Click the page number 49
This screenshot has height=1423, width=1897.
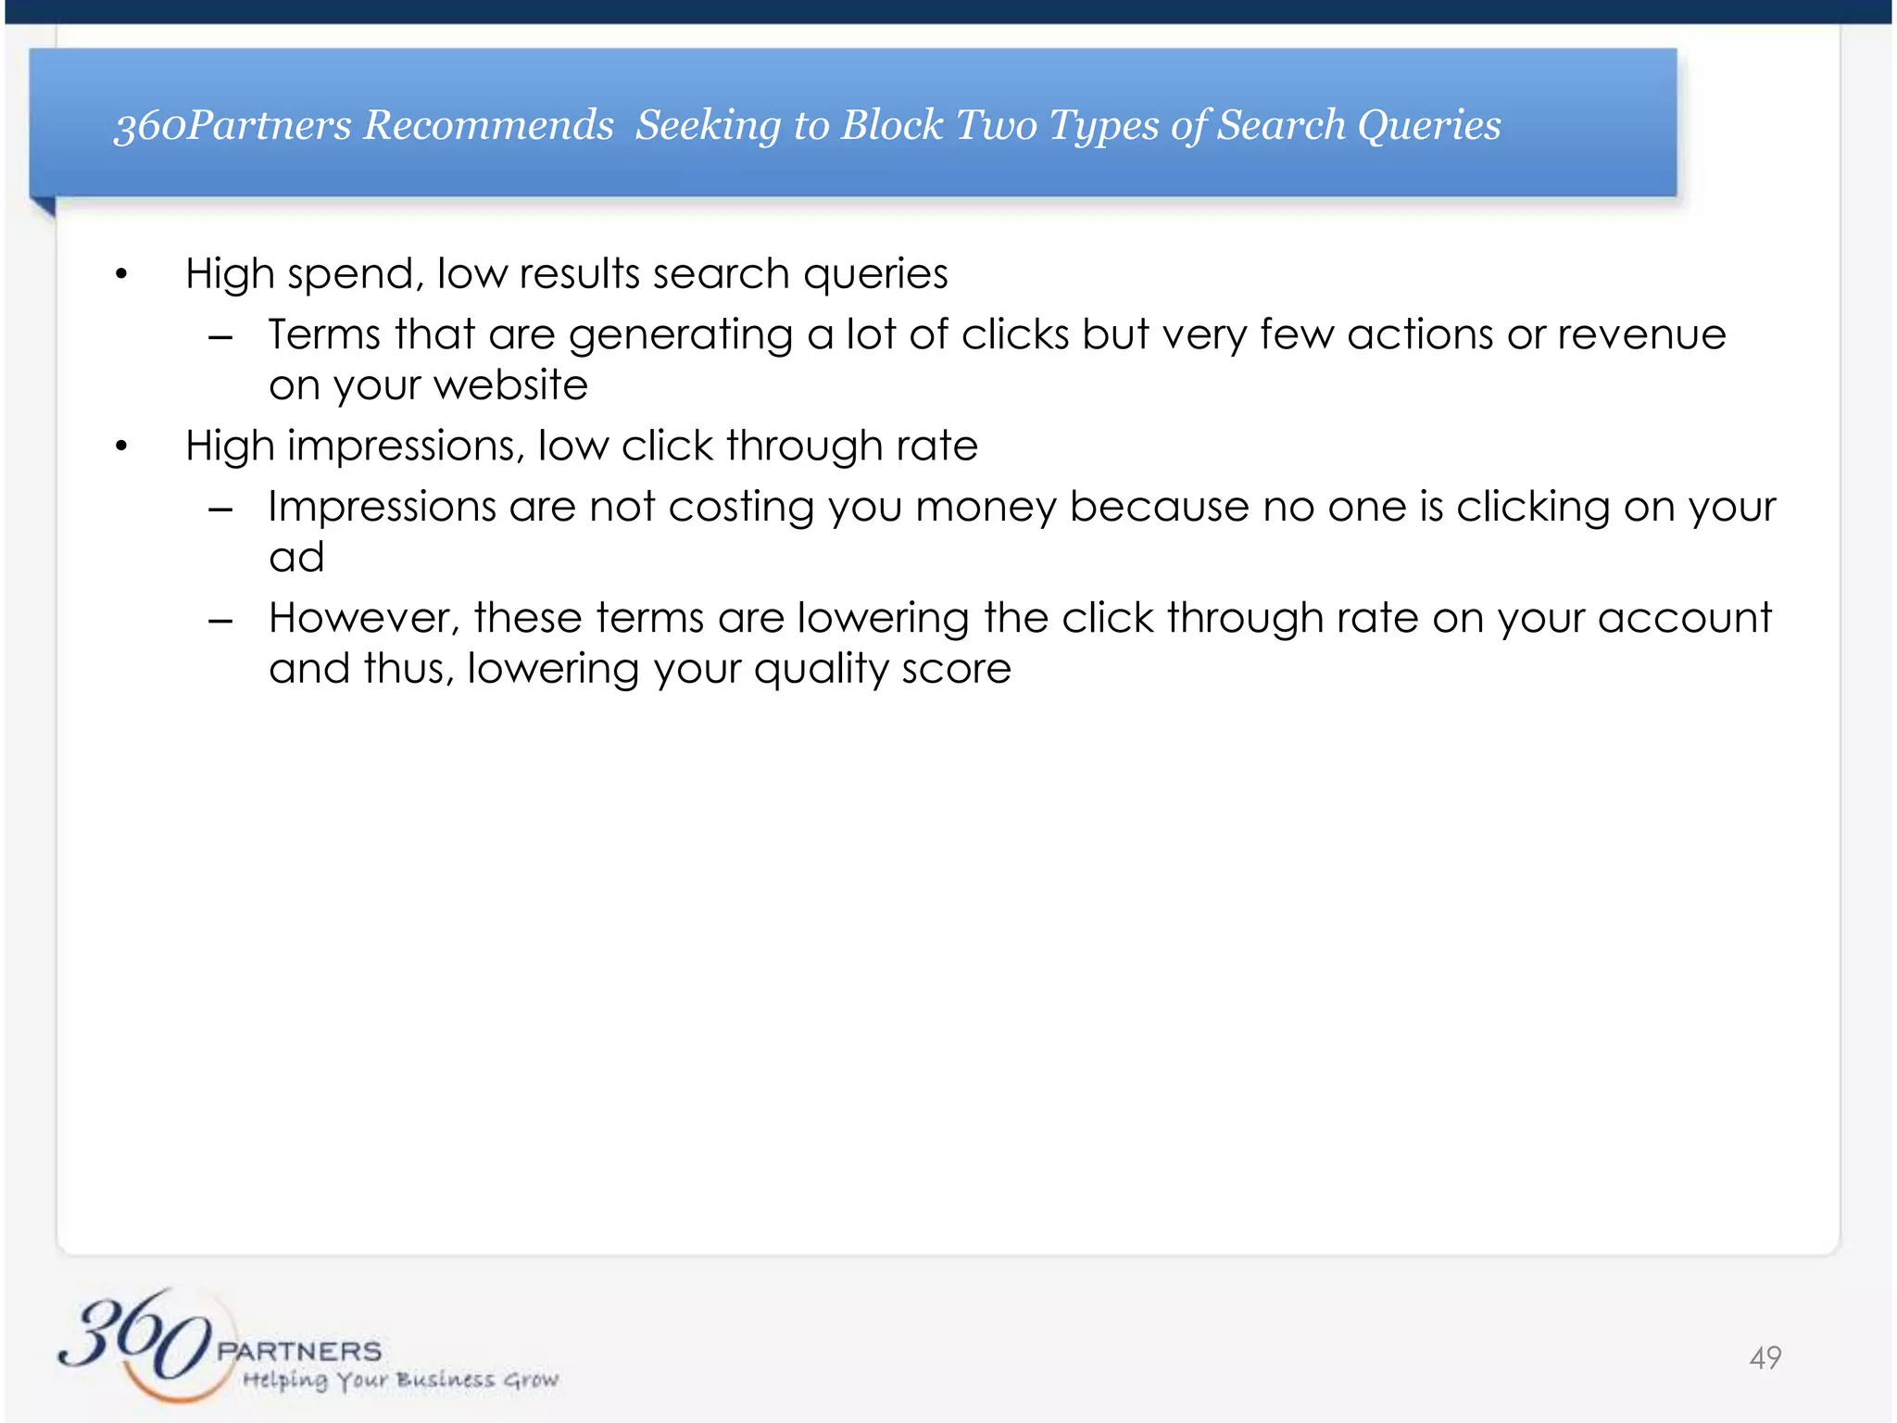click(x=1765, y=1358)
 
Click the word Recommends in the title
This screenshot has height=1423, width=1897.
click(x=488, y=125)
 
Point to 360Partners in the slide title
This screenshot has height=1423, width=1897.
click(x=232, y=125)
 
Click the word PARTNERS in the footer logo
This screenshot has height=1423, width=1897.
click(x=299, y=1351)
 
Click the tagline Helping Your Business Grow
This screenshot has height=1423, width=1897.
click(x=400, y=1380)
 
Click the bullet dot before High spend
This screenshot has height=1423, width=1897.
click(x=120, y=274)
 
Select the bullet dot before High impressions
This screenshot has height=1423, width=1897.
click(x=120, y=447)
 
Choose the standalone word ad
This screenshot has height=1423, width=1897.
click(x=296, y=558)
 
